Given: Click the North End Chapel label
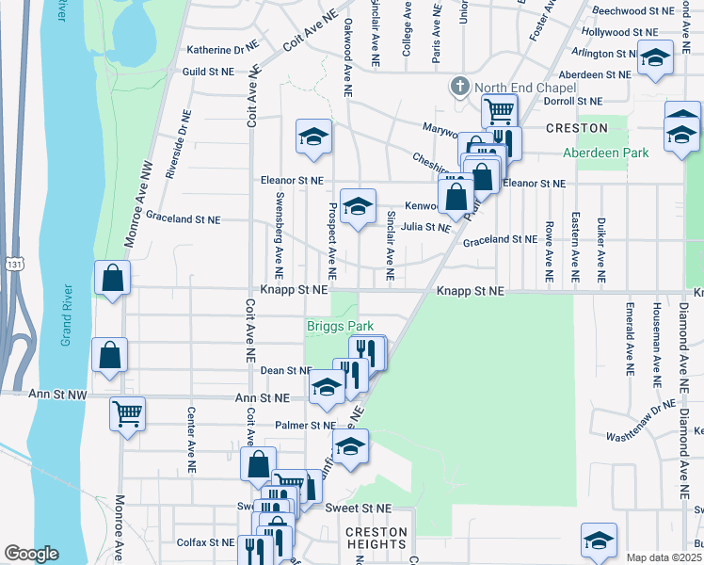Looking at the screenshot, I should coord(517,88).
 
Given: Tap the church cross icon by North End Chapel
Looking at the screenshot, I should coord(460,88).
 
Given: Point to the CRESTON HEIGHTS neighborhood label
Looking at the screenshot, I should coord(376,539).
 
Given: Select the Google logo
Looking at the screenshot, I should coord(31,554).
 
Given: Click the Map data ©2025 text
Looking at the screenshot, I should coord(664,557).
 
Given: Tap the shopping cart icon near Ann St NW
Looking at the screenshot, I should coord(127,412).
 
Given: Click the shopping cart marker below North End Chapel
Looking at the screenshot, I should coord(499,110).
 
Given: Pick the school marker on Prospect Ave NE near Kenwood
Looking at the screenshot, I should coord(358,205).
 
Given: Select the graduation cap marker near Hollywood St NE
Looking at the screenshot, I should coord(655,57).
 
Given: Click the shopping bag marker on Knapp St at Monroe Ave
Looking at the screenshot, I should coord(112,278).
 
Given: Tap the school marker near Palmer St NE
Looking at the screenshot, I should coord(350,445).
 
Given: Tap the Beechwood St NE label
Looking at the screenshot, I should coord(632,11).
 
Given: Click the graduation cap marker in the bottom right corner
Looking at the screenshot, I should coord(599,540).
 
